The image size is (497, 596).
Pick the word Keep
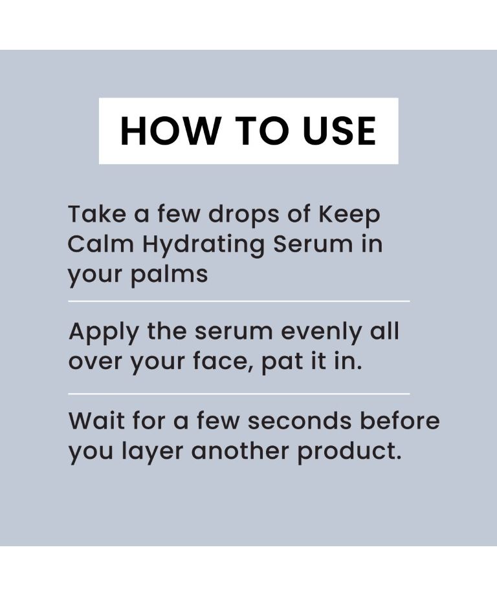click(x=349, y=215)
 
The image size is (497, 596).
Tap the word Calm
click(x=100, y=244)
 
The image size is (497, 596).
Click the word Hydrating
click(x=203, y=245)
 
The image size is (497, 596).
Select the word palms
click(x=170, y=275)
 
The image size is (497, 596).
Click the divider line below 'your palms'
click(x=239, y=301)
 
